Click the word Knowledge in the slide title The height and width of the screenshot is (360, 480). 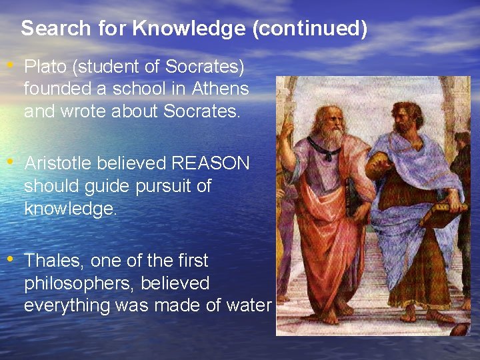click(x=175, y=29)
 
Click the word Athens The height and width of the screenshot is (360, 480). click(x=220, y=89)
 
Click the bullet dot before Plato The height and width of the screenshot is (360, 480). click(x=10, y=67)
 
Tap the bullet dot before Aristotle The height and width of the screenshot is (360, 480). click(x=10, y=163)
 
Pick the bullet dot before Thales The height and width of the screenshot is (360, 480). click(x=10, y=259)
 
